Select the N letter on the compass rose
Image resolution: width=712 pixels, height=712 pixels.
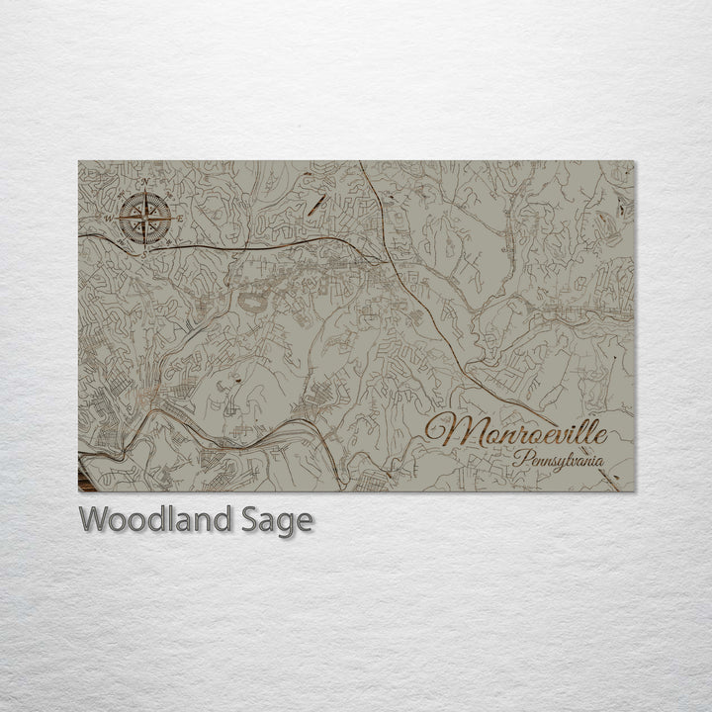(145, 183)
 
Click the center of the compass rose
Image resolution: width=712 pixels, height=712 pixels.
(144, 218)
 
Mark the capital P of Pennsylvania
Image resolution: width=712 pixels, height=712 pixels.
(520, 460)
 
